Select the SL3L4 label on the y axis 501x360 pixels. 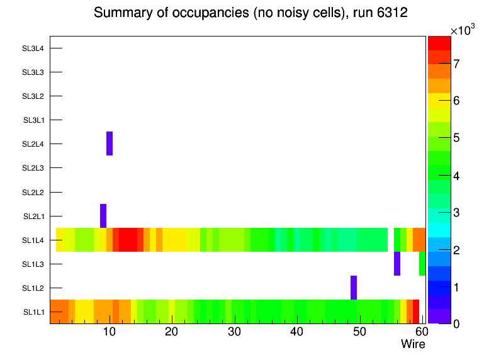(x=34, y=48)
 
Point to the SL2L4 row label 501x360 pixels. (x=34, y=144)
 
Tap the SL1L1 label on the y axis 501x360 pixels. (x=34, y=312)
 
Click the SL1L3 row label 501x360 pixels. (x=34, y=264)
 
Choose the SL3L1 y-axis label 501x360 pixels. (x=34, y=120)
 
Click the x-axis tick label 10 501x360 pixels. (x=110, y=332)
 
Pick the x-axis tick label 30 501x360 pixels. (x=234, y=332)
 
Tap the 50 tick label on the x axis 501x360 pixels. (x=359, y=332)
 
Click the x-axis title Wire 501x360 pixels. (x=413, y=344)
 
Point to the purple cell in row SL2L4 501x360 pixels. (x=110, y=143)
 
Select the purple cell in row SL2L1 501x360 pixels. (x=103, y=216)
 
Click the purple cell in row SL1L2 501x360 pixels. (x=354, y=288)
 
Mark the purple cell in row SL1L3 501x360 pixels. (x=397, y=264)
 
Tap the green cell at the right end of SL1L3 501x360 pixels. (x=422, y=264)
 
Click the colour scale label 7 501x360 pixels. (x=456, y=63)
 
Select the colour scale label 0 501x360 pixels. (x=456, y=323)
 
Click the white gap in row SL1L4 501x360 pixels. (x=391, y=240)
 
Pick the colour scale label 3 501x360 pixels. (x=456, y=212)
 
